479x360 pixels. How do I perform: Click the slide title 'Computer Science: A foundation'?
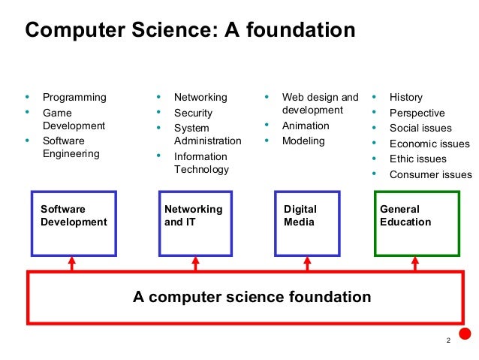[190, 30]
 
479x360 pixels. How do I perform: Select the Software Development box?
[74, 223]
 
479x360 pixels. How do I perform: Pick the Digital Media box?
[306, 223]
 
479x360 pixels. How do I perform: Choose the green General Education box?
[417, 222]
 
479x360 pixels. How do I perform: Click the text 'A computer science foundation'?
[252, 297]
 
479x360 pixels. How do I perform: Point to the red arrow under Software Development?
[72, 263]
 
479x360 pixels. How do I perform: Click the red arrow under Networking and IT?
[196, 263]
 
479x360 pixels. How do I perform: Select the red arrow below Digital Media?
[306, 263]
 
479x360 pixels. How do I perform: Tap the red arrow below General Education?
[415, 263]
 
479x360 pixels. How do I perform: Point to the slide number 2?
[448, 342]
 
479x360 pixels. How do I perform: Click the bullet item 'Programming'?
[74, 98]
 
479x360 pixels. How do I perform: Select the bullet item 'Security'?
[193, 113]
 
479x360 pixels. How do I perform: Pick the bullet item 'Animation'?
[306, 126]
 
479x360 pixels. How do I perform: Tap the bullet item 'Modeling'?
[303, 141]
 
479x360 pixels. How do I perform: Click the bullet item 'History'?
[405, 98]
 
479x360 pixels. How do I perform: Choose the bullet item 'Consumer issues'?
[430, 175]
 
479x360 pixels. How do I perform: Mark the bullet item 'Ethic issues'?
[417, 159]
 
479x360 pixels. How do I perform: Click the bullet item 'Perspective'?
[417, 113]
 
